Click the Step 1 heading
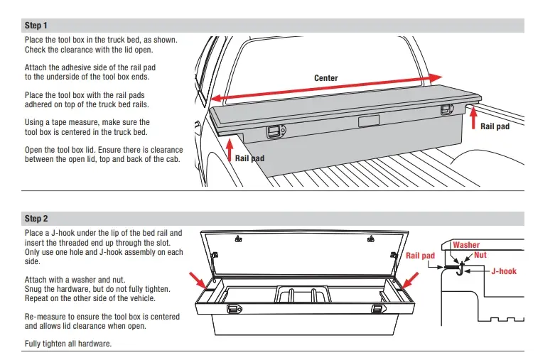pos(36,26)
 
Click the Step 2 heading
pos(36,218)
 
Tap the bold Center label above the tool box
pos(326,78)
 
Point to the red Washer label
pos(466,245)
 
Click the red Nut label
pos(480,253)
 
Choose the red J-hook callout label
pos(503,271)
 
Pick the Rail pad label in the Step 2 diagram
pos(420,255)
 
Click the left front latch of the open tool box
pos(232,310)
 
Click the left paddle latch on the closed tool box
pos(274,131)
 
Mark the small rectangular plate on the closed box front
pos(368,122)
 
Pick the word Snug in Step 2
pos(34,289)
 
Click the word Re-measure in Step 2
pos(46,317)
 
